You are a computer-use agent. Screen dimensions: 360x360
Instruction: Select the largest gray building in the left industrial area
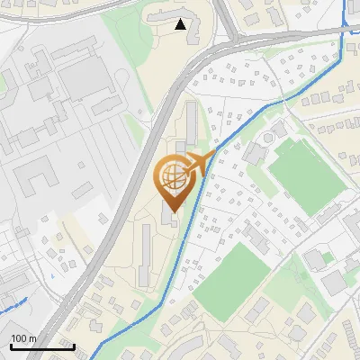85,81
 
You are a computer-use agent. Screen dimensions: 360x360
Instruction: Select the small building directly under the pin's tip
171,217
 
